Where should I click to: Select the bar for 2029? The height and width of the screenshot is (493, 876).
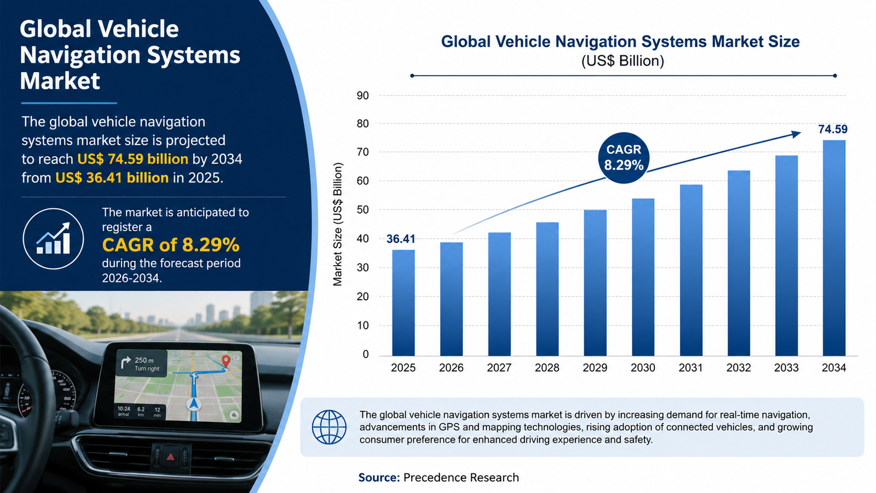click(x=595, y=283)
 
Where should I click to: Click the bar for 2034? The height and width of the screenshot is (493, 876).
click(x=834, y=248)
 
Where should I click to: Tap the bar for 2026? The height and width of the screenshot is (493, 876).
click(x=451, y=299)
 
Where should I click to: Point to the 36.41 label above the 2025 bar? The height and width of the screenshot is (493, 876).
click(x=401, y=239)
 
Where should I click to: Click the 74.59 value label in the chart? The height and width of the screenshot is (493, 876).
click(x=833, y=129)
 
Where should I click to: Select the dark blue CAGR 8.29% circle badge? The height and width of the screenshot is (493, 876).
click(x=624, y=157)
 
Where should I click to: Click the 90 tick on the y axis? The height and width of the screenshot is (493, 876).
click(x=362, y=95)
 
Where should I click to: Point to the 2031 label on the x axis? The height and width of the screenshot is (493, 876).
click(x=690, y=368)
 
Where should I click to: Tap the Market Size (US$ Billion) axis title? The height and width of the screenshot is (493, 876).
click(x=337, y=224)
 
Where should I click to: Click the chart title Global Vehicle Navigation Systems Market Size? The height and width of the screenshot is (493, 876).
click(x=620, y=42)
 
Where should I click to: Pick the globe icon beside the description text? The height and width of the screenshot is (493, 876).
click(x=329, y=427)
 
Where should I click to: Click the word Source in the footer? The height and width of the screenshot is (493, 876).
click(x=379, y=477)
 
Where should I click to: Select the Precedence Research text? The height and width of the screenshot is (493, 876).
click(x=461, y=477)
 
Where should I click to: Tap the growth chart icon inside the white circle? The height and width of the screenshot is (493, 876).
click(x=53, y=238)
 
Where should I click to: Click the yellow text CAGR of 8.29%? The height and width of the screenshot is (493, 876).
click(x=170, y=245)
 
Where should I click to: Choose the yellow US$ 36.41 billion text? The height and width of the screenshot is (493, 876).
click(x=112, y=177)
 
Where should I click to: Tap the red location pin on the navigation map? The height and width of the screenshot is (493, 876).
click(x=226, y=361)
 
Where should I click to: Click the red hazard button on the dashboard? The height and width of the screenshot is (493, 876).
click(x=170, y=457)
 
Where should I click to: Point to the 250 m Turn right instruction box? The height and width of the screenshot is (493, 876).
click(x=141, y=364)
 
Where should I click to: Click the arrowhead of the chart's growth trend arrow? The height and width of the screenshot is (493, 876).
click(x=796, y=134)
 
